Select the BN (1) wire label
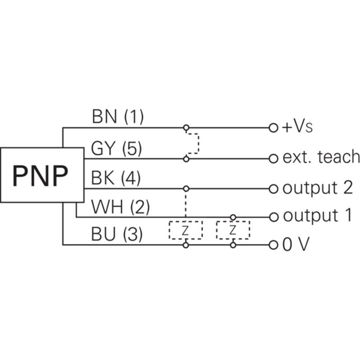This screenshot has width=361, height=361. pyautogui.click(x=118, y=117)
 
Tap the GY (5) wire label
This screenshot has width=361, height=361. pyautogui.click(x=116, y=148)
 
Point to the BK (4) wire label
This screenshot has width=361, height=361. pyautogui.click(x=116, y=178)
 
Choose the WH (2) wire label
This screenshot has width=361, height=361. pyautogui.click(x=120, y=207)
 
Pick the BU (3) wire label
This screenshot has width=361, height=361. pyautogui.click(x=117, y=234)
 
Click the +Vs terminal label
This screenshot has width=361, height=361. pyautogui.click(x=297, y=127)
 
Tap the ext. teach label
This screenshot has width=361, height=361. pyautogui.click(x=321, y=157)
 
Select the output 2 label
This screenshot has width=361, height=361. pyautogui.click(x=318, y=188)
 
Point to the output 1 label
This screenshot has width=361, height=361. pyautogui.click(x=318, y=216)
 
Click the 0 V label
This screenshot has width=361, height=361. pyautogui.click(x=296, y=244)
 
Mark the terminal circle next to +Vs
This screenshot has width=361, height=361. pyautogui.click(x=273, y=128)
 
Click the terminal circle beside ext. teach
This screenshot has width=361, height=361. pyautogui.click(x=273, y=159)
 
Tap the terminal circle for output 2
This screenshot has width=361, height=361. pyautogui.click(x=273, y=189)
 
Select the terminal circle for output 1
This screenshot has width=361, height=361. pyautogui.click(x=273, y=217)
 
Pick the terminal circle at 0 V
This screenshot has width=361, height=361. pyautogui.click(x=273, y=245)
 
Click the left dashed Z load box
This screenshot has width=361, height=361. pyautogui.click(x=185, y=221)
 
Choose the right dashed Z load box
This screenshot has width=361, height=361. pyautogui.click(x=233, y=221)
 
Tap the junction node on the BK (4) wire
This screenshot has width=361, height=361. pyautogui.click(x=186, y=189)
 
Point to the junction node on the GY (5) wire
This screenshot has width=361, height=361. pyautogui.click(x=186, y=159)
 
